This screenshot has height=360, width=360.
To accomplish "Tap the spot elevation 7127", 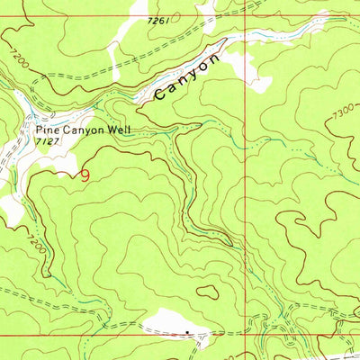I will click(x=48, y=142).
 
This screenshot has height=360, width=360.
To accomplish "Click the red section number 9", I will click(x=85, y=175).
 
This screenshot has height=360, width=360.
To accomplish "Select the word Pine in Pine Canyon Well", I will click(x=47, y=130).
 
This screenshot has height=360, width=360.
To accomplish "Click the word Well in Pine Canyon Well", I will click(x=118, y=130).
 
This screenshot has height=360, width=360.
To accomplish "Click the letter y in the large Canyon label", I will click(x=191, y=74).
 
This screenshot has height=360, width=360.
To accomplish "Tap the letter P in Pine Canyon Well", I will click(x=39, y=130).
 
